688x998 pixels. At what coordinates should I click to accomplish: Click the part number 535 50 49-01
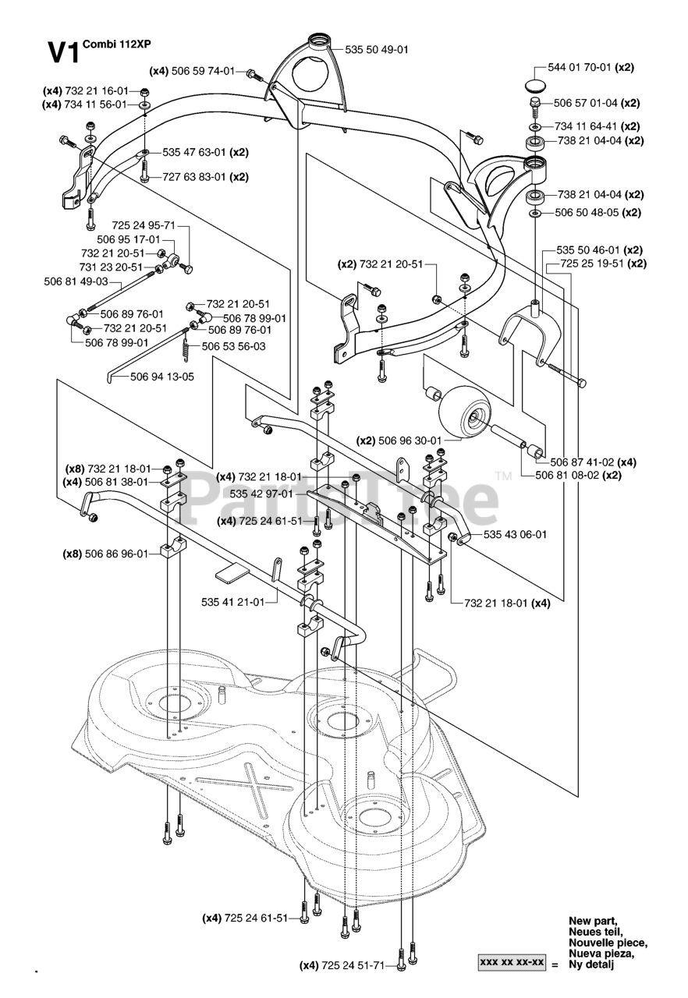pyautogui.click(x=376, y=50)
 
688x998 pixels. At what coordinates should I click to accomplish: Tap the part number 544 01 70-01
pyautogui.click(x=580, y=68)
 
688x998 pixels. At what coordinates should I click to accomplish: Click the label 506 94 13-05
pyautogui.click(x=162, y=377)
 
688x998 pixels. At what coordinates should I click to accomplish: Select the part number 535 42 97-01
pyautogui.click(x=261, y=494)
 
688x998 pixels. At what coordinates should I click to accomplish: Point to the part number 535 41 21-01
pyautogui.click(x=232, y=601)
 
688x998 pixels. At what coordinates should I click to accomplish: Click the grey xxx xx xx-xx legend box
pyautogui.click(x=512, y=963)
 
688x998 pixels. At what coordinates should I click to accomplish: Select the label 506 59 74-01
pyautogui.click(x=203, y=71)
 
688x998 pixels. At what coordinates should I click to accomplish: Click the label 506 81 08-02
pyautogui.click(x=567, y=475)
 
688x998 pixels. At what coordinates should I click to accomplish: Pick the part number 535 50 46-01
pyautogui.click(x=589, y=250)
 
